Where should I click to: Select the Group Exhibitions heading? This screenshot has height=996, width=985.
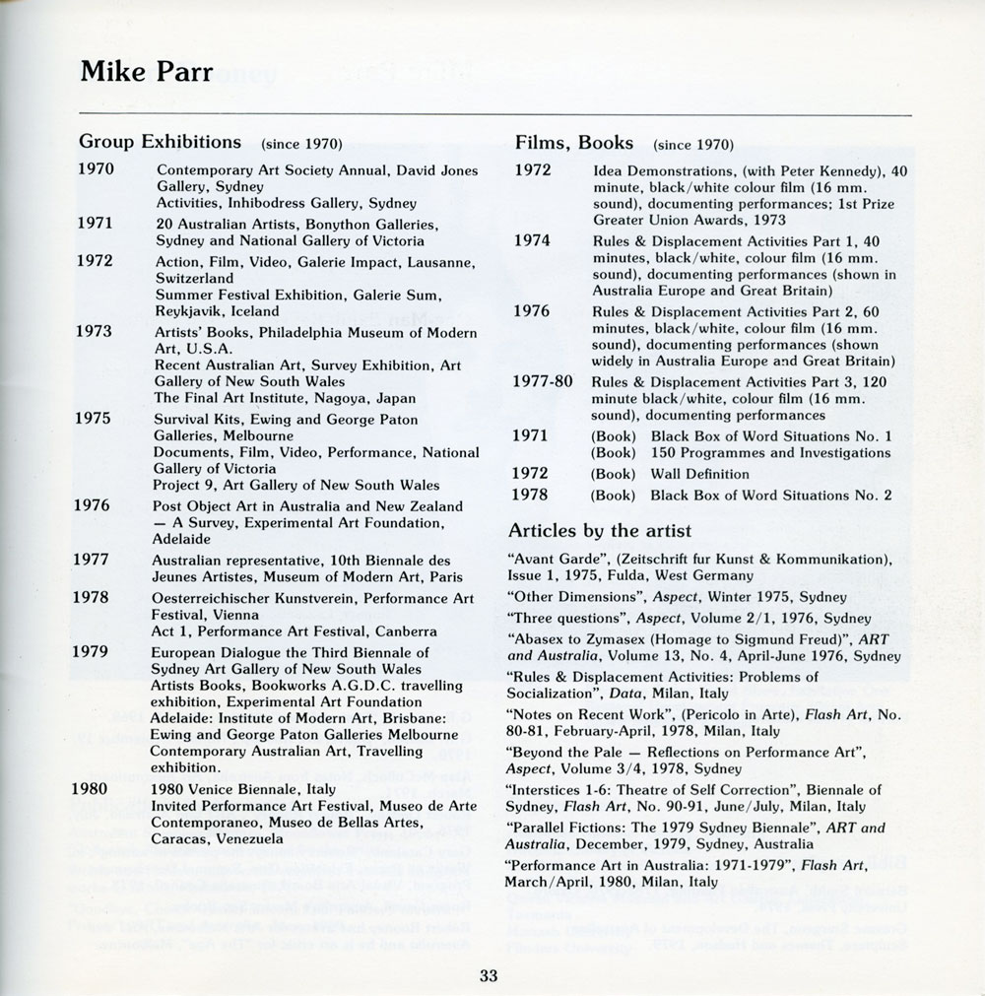161,142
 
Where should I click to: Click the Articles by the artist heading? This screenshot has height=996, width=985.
600,531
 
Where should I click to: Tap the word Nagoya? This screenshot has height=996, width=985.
351,398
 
